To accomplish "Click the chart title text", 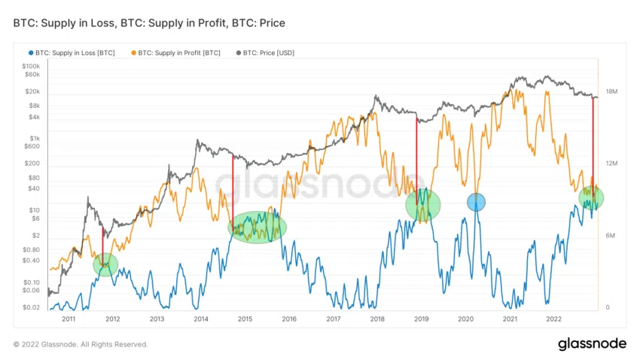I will coord(149,23).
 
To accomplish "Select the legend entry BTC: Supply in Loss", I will coord(74,53).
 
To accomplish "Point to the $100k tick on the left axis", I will coord(30,66).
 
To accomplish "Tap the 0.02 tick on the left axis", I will coord(31,307).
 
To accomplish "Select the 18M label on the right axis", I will coord(611,91).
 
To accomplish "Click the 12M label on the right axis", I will coord(611,163).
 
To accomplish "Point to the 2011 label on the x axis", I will coord(69,319).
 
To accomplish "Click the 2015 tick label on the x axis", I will coord(245,319).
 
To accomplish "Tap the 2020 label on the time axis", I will coord(465,319).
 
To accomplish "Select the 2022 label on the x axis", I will coord(553,319).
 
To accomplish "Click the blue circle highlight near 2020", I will coord(476,202).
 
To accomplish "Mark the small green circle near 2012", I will coord(105,264).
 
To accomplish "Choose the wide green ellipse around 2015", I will coord(258,227).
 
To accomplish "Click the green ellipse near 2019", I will coord(422,204).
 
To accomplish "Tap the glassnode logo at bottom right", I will coord(592,343).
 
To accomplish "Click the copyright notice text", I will coord(81,344).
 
